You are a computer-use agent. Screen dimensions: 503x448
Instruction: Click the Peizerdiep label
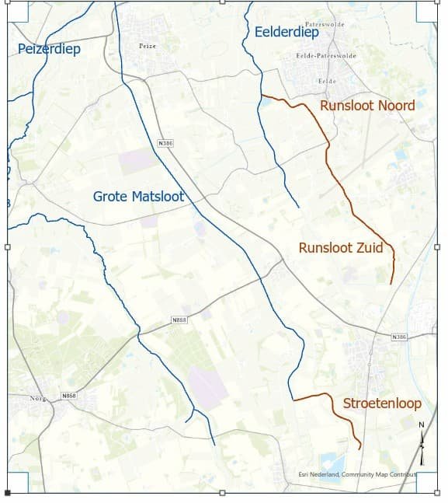pos(49,49)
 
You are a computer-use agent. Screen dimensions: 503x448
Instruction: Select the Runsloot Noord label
pos(367,106)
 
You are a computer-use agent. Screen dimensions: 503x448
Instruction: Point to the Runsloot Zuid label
pos(341,248)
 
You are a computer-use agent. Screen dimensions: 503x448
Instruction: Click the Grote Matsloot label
pos(138,197)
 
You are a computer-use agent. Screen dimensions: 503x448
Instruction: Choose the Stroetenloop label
pos(382,403)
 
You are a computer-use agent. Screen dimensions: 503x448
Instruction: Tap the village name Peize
pos(148,47)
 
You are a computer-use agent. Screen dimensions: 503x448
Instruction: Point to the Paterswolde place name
pos(324,24)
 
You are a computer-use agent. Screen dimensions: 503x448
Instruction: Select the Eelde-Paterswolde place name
pos(326,56)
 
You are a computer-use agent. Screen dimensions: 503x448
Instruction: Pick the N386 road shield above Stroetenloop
pos(399,337)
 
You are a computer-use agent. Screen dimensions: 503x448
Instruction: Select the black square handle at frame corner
pos(8,493)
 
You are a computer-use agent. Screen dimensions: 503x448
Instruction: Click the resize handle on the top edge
pos(223,2)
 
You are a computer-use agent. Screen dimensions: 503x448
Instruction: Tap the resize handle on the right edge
pos(437,247)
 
